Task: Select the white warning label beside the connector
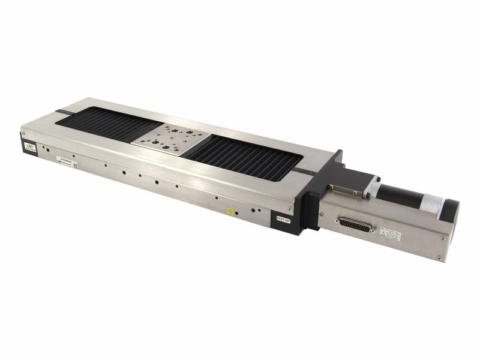(392, 235)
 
